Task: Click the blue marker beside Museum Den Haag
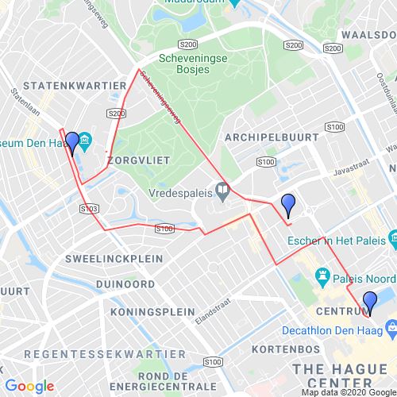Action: pos(72,143)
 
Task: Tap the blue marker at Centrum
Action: pos(369,303)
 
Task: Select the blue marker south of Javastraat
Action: pos(288,206)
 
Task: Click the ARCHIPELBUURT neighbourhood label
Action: pos(272,137)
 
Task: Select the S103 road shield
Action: pos(90,208)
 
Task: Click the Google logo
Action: pos(29,387)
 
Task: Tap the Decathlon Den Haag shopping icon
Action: pos(391,327)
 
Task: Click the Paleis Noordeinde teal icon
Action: pos(322,276)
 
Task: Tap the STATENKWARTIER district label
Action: pos(74,83)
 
